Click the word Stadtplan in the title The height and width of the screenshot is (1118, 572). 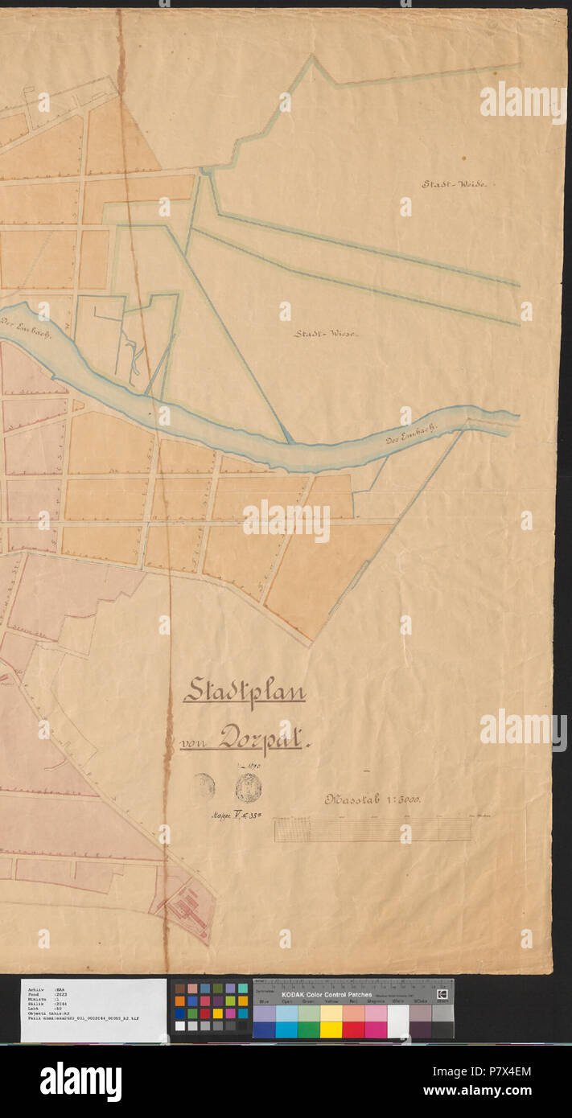click(245, 692)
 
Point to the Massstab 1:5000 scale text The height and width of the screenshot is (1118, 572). click(373, 799)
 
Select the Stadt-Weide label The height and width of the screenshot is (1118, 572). click(455, 184)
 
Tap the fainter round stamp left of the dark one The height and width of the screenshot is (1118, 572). click(204, 786)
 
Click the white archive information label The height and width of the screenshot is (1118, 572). click(93, 1009)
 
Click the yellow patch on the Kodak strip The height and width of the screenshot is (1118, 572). click(331, 1030)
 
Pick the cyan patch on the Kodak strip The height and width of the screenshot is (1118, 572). click(286, 1030)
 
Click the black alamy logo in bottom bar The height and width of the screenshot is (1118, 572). click(80, 1081)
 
